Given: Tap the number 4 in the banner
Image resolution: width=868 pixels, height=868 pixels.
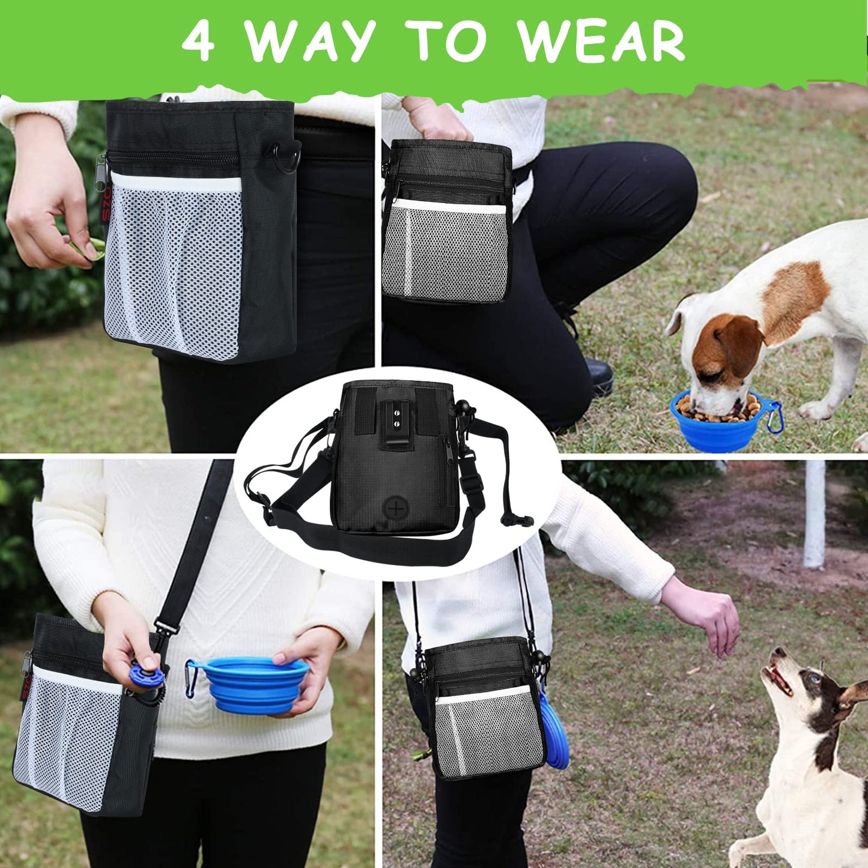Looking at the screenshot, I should click(x=198, y=41).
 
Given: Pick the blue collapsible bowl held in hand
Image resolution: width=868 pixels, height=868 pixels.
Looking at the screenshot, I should click(x=253, y=685).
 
